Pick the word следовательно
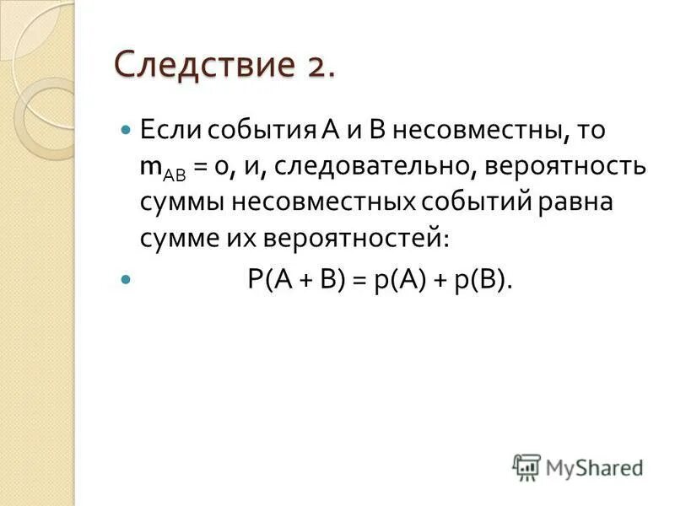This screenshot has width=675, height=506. (379, 166)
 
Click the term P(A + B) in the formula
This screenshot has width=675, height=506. (296, 281)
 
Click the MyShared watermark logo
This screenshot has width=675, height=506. (579, 466)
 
